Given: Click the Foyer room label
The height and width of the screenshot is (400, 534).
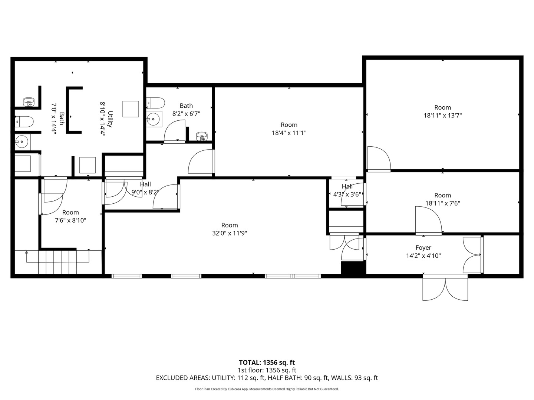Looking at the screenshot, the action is click(423, 247).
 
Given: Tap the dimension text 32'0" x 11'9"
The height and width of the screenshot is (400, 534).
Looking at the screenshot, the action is click(230, 233).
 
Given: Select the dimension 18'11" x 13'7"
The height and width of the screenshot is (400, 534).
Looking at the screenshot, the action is click(442, 115).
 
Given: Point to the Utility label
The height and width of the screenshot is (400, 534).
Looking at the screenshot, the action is click(110, 119).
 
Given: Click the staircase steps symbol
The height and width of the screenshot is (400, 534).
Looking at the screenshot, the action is click(57, 262).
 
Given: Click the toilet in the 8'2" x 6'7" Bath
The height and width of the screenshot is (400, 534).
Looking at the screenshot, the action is click(155, 103).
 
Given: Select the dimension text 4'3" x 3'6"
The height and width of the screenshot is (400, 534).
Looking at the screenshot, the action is click(347, 194).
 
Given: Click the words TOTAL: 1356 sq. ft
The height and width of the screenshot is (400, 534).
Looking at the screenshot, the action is click(267, 362).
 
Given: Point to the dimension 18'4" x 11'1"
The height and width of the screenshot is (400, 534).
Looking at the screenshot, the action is click(289, 133).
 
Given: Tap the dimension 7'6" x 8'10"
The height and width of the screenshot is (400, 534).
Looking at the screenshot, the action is click(70, 220).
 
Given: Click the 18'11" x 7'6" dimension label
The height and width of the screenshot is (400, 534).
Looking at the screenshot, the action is click(442, 203).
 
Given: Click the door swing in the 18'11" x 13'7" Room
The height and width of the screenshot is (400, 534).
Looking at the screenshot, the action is click(379, 159).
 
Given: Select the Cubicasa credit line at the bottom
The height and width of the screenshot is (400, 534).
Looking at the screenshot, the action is click(267, 389).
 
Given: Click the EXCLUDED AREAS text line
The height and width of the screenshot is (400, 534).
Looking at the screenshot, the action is click(267, 378).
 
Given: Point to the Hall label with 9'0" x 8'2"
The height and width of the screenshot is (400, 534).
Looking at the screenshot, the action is click(145, 184).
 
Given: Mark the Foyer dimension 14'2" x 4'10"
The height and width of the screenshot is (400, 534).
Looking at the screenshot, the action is click(423, 256).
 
